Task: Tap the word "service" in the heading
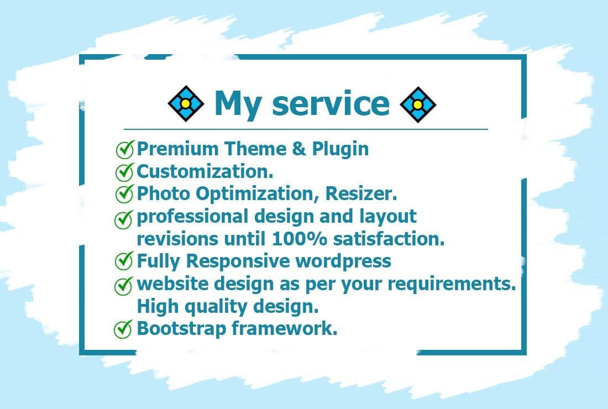pyautogui.click(x=331, y=104)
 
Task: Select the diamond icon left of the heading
pyautogui.click(x=186, y=104)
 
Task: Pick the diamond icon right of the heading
pyautogui.click(x=418, y=104)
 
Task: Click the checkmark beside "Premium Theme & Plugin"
pyautogui.click(x=124, y=149)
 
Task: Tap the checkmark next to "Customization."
pyautogui.click(x=124, y=172)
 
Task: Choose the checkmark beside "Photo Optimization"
pyautogui.click(x=124, y=194)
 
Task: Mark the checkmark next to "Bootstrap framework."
pyautogui.click(x=123, y=329)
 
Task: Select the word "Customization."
pyautogui.click(x=205, y=171)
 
